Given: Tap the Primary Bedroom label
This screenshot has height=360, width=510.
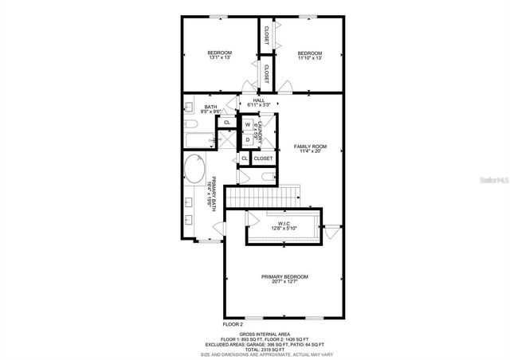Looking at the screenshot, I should [x=284, y=279].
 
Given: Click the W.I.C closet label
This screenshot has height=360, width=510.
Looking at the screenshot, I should [x=284, y=226].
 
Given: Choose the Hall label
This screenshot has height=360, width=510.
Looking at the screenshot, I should [x=259, y=102].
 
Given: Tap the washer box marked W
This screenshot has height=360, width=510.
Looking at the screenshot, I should [x=248, y=125].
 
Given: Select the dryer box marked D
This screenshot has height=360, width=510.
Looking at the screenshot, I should [x=248, y=139].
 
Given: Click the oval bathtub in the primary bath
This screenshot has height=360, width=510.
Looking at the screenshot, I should [x=194, y=169].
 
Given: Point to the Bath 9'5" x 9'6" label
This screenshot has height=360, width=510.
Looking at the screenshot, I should [x=211, y=109].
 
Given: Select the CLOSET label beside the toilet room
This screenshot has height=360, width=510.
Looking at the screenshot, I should [x=264, y=158].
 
